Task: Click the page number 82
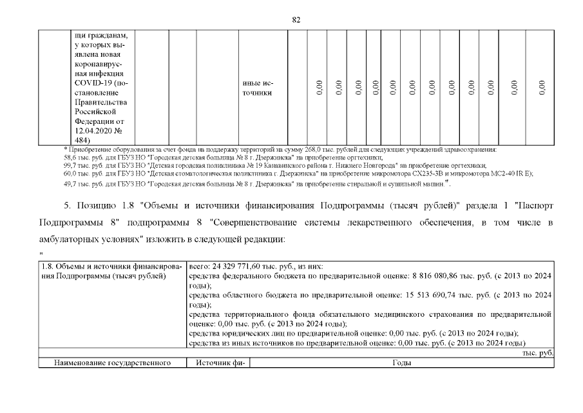click(x=296, y=19)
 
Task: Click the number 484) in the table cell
click(x=83, y=139)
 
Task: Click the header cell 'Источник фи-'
click(x=214, y=363)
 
